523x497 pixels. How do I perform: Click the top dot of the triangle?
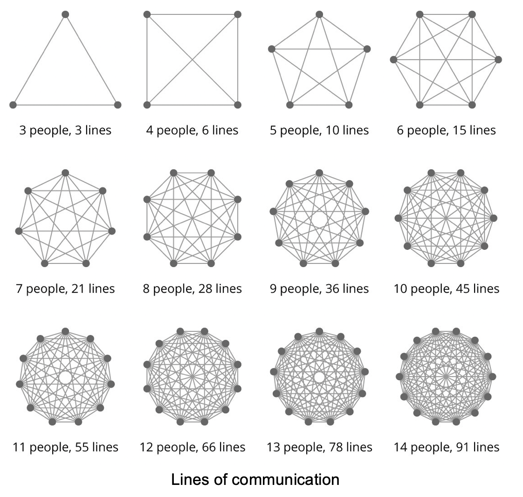pyautogui.click(x=65, y=14)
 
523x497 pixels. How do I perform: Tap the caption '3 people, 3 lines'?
pyautogui.click(x=65, y=130)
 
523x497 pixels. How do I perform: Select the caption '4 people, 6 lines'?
pyautogui.click(x=192, y=130)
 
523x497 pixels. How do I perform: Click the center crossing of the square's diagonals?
pyautogui.click(x=192, y=60)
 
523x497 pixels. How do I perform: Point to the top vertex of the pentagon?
pyautogui.click(x=319, y=14)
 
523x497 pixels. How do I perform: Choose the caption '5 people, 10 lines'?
pyautogui.click(x=319, y=130)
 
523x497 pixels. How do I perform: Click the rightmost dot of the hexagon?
pyautogui.click(x=498, y=60)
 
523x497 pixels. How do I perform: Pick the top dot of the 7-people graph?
pyautogui.click(x=65, y=173)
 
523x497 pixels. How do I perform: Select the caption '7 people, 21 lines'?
pyautogui.click(x=65, y=289)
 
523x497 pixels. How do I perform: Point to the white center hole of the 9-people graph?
pyautogui.click(x=319, y=219)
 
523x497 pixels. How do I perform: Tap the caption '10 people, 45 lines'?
pyautogui.click(x=447, y=289)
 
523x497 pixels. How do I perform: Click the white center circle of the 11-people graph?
pyautogui.click(x=65, y=377)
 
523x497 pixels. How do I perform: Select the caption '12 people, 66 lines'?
pyautogui.click(x=192, y=448)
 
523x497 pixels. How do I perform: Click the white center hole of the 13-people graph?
pyautogui.click(x=319, y=377)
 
